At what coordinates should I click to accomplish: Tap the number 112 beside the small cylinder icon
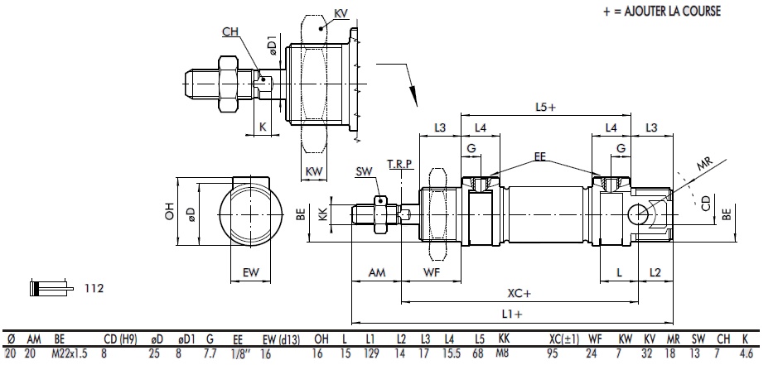tap(93, 288)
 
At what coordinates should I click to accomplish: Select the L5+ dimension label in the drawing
tap(545, 106)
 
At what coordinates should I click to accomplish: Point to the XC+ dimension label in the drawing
tap(520, 292)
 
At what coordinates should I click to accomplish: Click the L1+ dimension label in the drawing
tap(512, 314)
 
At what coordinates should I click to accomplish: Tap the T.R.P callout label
tap(399, 166)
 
